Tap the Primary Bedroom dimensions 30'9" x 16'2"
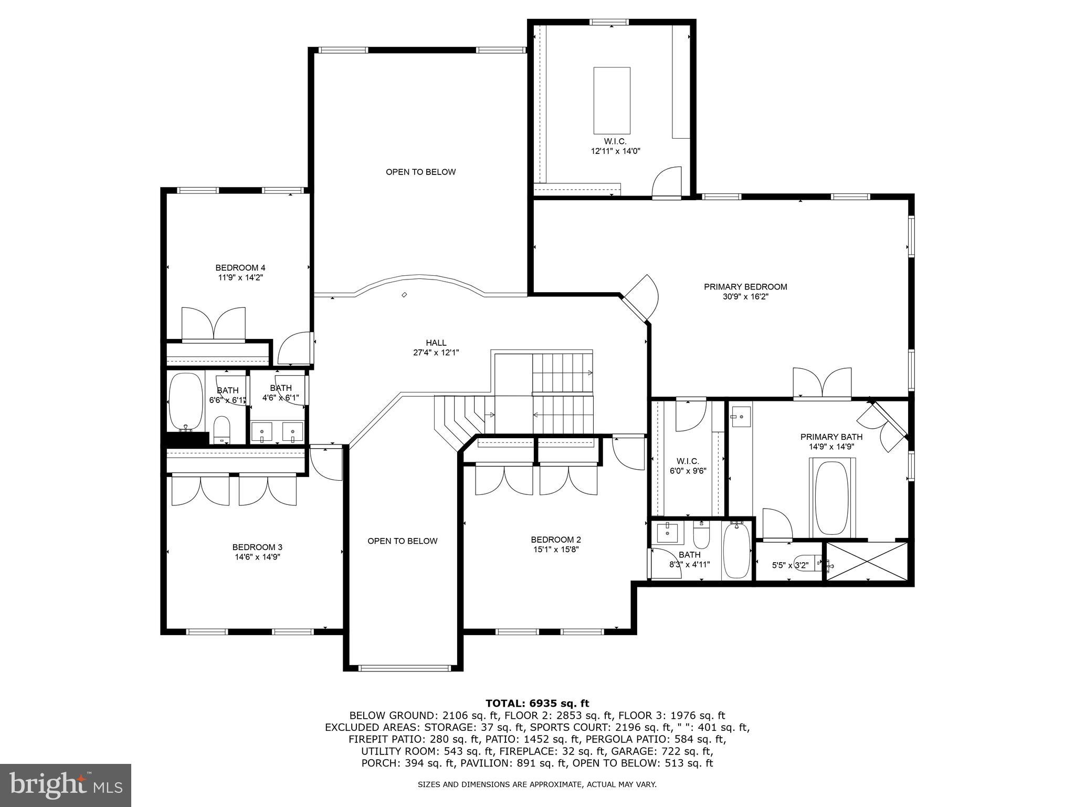745,297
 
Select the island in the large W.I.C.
612,100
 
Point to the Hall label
436,343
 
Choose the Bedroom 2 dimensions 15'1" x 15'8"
555,550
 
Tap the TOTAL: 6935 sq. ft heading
537,703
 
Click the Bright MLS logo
66,785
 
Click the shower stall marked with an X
867,562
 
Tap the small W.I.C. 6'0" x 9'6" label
688,466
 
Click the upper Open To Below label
420,172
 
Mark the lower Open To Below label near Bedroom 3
402,541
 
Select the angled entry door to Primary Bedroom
640,298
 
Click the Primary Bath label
831,437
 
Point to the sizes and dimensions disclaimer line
537,784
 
